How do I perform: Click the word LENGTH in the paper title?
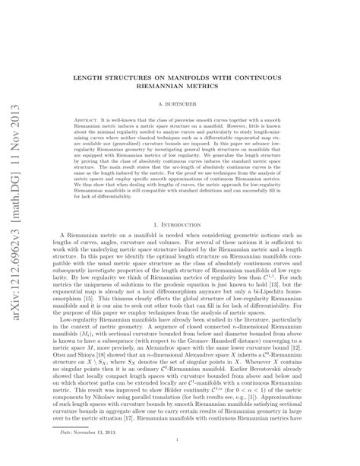tap(103, 78)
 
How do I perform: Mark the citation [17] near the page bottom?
tap(163, 417)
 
